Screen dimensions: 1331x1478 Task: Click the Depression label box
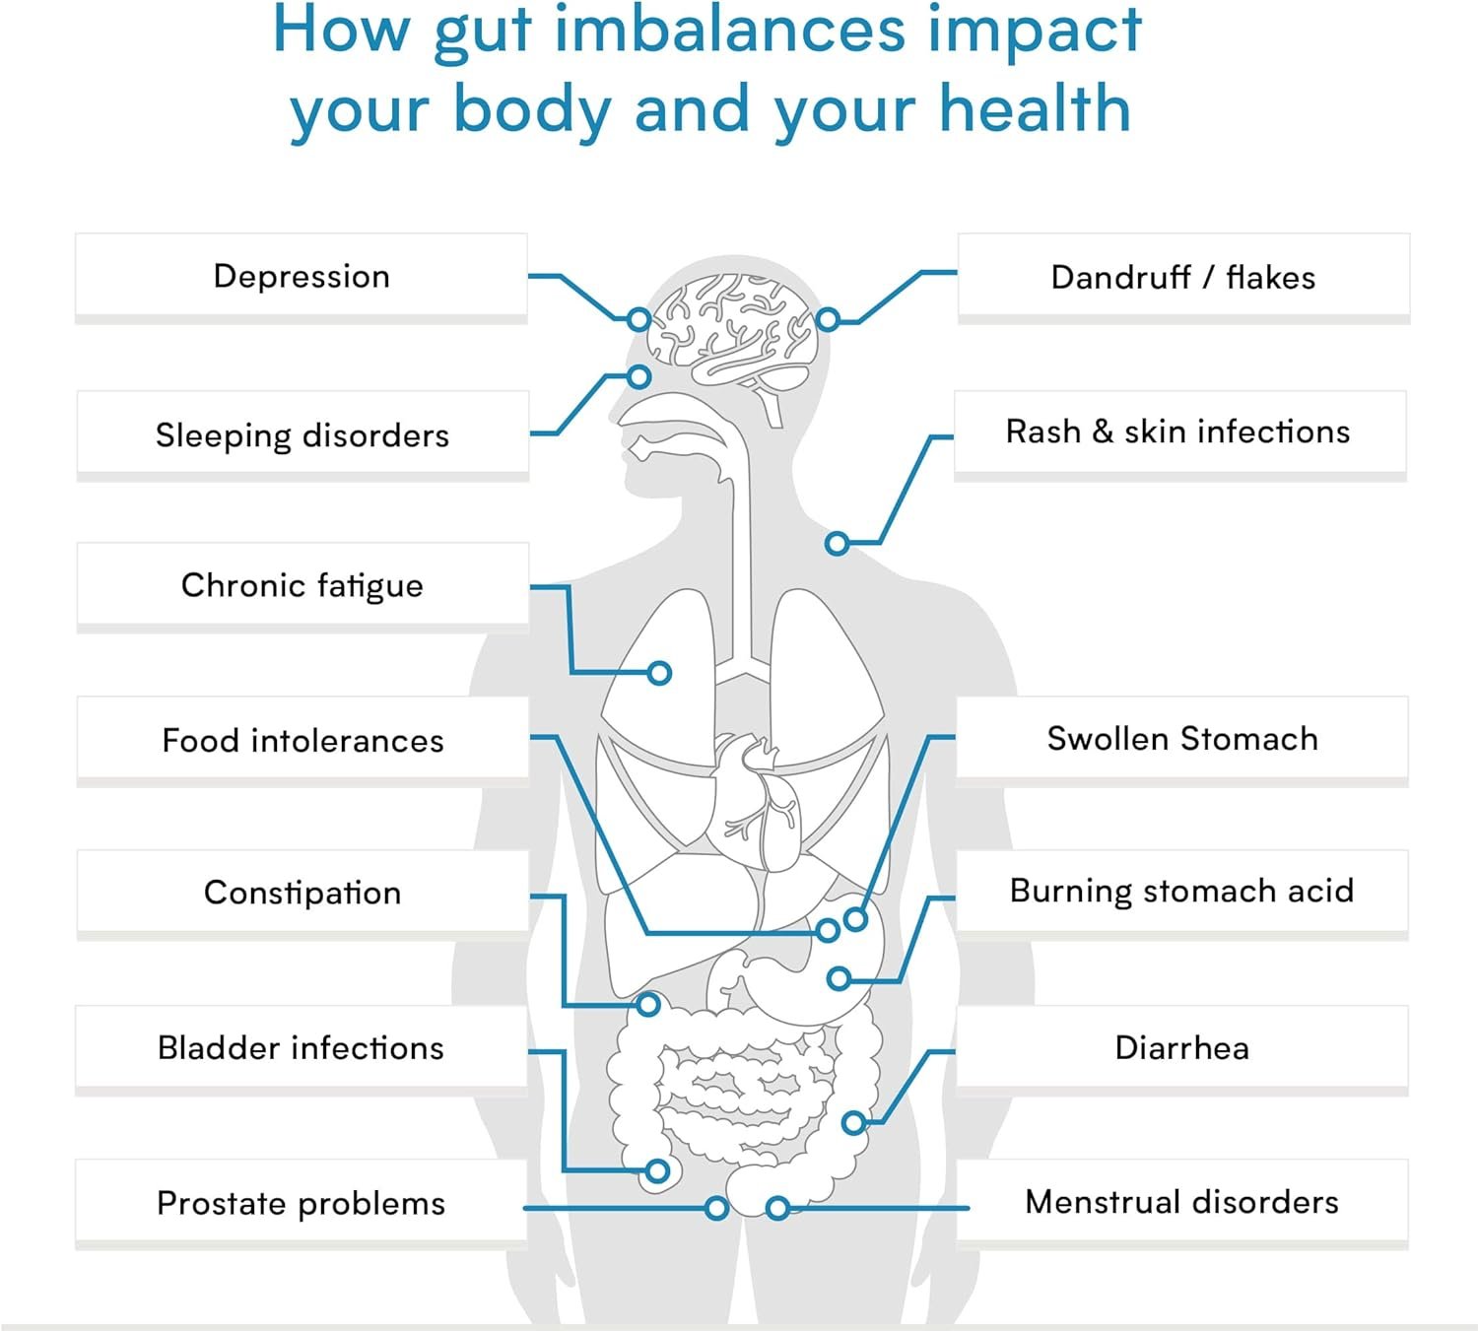click(x=302, y=277)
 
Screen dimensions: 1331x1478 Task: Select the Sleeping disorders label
click(x=302, y=434)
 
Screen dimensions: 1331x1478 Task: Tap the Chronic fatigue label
click(x=302, y=585)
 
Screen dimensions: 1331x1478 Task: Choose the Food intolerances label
click(x=302, y=740)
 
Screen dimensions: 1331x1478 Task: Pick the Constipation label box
click(x=302, y=893)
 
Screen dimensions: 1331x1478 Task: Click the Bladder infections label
click(x=301, y=1047)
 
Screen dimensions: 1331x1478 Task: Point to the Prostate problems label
click(x=301, y=1203)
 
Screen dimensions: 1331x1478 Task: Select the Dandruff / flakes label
click(x=1183, y=277)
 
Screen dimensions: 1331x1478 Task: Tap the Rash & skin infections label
click(x=1178, y=432)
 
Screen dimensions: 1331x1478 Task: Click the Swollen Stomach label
click(x=1182, y=739)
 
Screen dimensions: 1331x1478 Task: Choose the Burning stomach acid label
click(x=1181, y=891)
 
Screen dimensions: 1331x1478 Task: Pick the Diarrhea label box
click(x=1181, y=1047)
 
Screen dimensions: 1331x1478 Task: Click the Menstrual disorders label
click(x=1181, y=1202)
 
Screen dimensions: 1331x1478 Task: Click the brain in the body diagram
click(x=734, y=330)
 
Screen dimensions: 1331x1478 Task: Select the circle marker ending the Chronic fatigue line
click(x=660, y=673)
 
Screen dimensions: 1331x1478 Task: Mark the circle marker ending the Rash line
click(x=837, y=543)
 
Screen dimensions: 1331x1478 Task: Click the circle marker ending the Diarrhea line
click(x=854, y=1122)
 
